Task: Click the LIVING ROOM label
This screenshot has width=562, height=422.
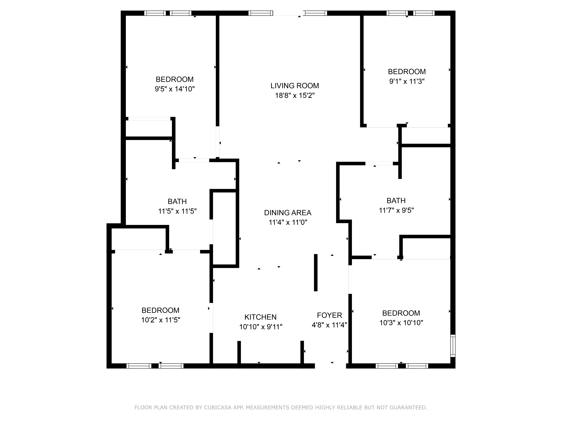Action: click(x=294, y=86)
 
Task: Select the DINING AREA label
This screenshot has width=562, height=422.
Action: click(x=288, y=213)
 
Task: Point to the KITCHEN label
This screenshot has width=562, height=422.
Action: click(x=260, y=317)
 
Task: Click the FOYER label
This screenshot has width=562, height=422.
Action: click(x=329, y=315)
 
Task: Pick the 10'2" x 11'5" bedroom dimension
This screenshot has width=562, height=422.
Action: click(x=161, y=320)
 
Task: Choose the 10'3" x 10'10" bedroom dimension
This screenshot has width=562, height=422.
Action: click(x=401, y=323)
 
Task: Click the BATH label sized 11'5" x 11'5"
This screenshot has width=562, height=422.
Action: click(x=177, y=201)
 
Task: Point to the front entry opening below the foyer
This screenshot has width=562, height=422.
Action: click(x=330, y=366)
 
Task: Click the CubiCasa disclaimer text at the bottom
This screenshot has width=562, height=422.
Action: click(x=281, y=408)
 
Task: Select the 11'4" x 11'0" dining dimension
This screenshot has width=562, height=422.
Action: click(x=288, y=222)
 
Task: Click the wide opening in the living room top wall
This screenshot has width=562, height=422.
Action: click(x=288, y=13)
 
